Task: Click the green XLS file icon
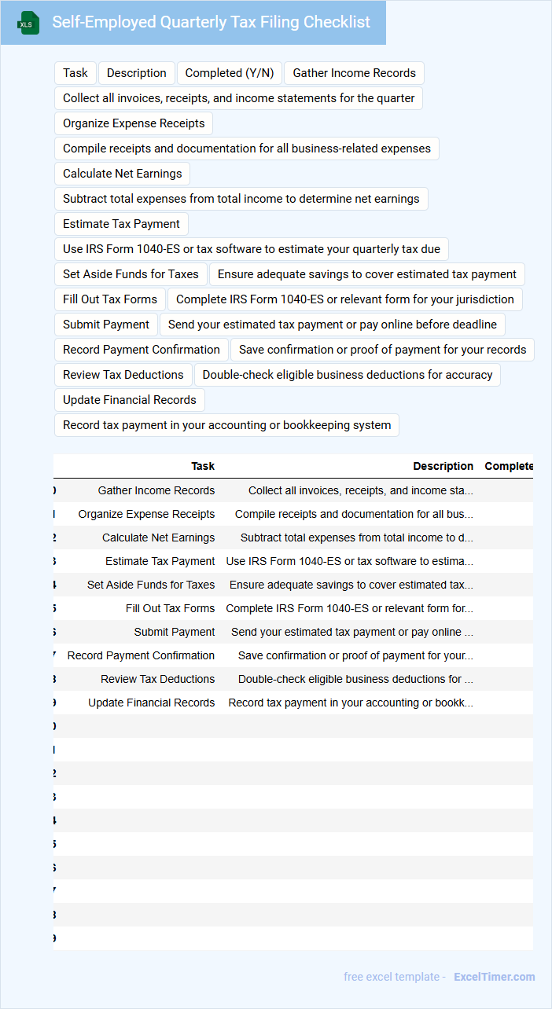(x=28, y=23)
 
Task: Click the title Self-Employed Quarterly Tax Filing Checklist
(x=211, y=22)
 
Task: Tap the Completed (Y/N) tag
(x=230, y=73)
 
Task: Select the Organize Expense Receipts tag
(x=134, y=123)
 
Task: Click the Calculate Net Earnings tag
(x=122, y=174)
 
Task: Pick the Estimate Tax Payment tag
(x=121, y=224)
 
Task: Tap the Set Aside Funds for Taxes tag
(x=131, y=274)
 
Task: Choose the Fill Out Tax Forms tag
(x=110, y=299)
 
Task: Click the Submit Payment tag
(x=106, y=325)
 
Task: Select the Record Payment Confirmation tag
(x=142, y=350)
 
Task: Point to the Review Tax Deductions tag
(x=123, y=375)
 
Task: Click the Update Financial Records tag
(x=130, y=400)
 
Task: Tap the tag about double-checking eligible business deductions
(x=347, y=375)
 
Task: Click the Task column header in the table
(x=203, y=466)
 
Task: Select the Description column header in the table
(x=443, y=466)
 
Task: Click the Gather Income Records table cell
(x=156, y=490)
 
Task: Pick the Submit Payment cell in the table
(x=175, y=632)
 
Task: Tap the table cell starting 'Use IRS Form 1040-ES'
(x=349, y=561)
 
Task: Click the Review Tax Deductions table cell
(x=157, y=679)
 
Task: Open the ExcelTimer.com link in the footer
(x=494, y=977)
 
